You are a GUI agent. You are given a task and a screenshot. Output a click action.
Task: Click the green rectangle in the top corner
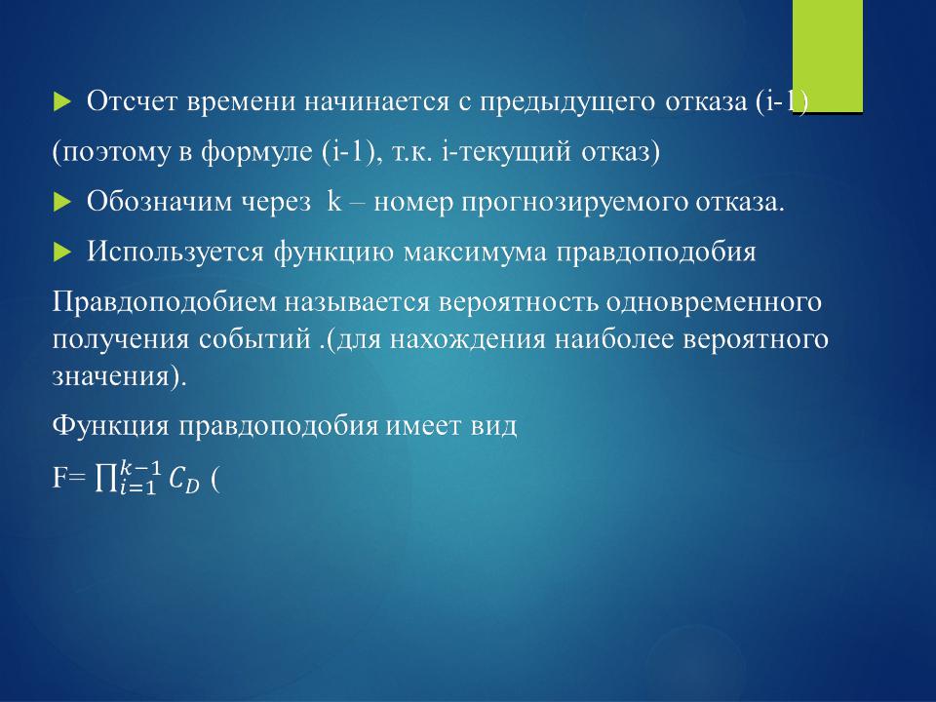pyautogui.click(x=828, y=56)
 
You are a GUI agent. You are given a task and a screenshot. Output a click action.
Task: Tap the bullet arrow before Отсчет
pyautogui.click(x=61, y=102)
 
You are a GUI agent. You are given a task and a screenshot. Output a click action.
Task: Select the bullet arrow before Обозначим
pyautogui.click(x=61, y=203)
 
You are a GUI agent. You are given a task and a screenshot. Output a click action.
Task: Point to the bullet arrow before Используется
pyautogui.click(x=61, y=253)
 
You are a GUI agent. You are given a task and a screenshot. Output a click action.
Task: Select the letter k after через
pyautogui.click(x=334, y=202)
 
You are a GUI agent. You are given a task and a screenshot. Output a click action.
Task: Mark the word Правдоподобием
pyautogui.click(x=163, y=302)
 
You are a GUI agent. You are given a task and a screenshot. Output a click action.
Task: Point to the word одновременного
pyautogui.click(x=714, y=303)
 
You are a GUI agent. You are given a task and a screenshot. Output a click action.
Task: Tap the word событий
pyautogui.click(x=254, y=339)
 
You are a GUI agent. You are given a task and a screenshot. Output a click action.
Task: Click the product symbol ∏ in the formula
pyautogui.click(x=105, y=478)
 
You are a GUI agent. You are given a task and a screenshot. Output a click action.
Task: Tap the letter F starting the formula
pyautogui.click(x=60, y=477)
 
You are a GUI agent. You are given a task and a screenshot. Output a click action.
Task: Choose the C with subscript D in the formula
pyautogui.click(x=183, y=480)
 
